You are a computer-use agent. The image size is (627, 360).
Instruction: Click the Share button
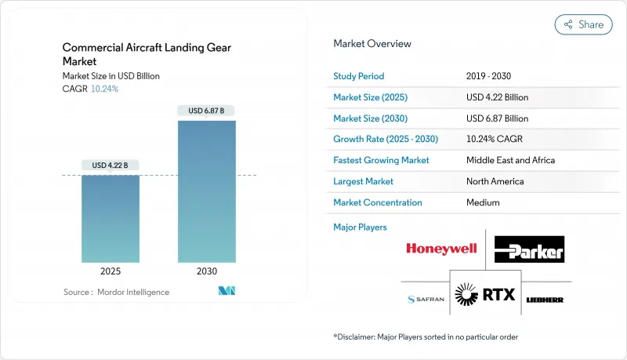pos(584,24)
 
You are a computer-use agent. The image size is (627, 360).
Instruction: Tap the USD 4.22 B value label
pos(111,165)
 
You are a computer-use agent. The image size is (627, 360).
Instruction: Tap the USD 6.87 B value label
pos(206,111)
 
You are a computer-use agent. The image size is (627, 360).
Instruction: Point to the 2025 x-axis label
pos(111,271)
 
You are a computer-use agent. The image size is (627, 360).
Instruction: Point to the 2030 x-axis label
pos(206,271)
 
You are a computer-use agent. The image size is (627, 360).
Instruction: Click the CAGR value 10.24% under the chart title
pos(104,89)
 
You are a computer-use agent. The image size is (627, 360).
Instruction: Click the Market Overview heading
pos(372,44)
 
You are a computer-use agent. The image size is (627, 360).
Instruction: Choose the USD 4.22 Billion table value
pos(497,97)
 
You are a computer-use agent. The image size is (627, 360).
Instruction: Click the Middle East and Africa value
pos(510,160)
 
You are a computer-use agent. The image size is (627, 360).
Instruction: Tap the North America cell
pos(496,181)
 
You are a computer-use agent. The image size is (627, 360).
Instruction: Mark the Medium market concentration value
pos(483,202)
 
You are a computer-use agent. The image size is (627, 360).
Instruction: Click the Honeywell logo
pos(441,249)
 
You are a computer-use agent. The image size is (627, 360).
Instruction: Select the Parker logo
pos(529,249)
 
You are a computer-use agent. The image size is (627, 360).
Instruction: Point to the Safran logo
pos(426,300)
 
